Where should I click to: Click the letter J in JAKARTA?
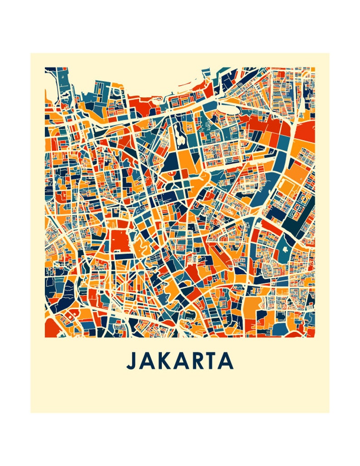pyautogui.click(x=131, y=360)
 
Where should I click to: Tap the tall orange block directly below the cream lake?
pyautogui.click(x=185, y=161)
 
